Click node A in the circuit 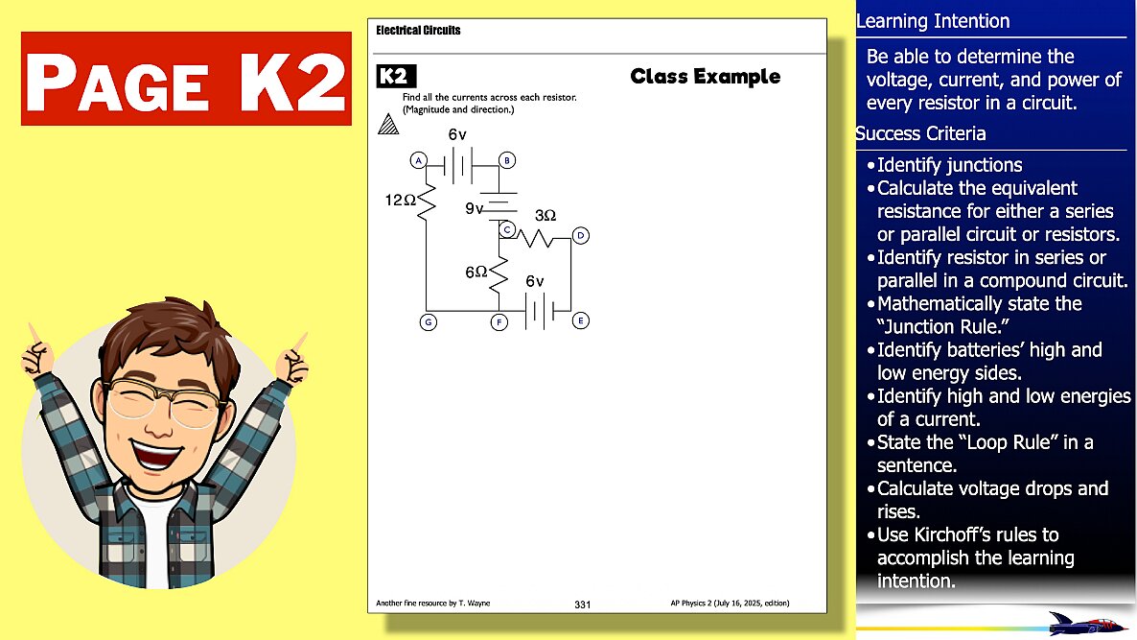click(418, 160)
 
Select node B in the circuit click(508, 160)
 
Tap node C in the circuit click(508, 228)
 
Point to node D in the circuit click(580, 235)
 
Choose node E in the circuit click(580, 320)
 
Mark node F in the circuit click(499, 321)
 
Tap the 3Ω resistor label click(545, 216)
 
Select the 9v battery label click(475, 207)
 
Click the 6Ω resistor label click(476, 273)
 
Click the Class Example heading click(705, 77)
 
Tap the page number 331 click(583, 604)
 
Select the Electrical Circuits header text click(418, 31)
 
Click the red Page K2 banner click(186, 79)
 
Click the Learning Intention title click(933, 21)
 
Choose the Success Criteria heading click(920, 133)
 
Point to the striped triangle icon click(387, 124)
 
